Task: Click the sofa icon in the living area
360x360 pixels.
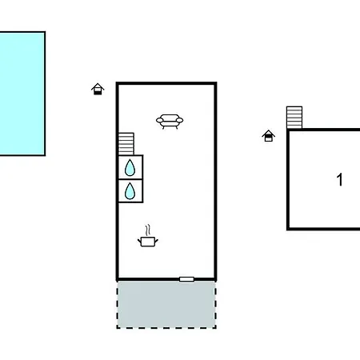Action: point(170,122)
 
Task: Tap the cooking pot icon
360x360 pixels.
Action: point(148,242)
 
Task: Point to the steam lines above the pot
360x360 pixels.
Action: point(148,230)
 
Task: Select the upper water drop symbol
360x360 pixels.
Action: point(130,168)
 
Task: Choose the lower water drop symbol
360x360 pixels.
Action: point(130,191)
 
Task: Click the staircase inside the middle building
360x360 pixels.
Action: point(126,144)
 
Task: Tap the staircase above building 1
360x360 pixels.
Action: point(294,118)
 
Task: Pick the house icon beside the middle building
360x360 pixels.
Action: point(98,89)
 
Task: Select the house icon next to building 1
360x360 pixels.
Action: point(268,136)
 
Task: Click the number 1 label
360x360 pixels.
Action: point(339,179)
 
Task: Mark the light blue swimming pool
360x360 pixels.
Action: point(22,94)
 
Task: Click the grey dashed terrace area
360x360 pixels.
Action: point(166,304)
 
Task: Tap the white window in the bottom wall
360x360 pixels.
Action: point(186,279)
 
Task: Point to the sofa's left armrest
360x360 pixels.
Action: point(159,121)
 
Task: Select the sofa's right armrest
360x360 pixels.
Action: point(180,121)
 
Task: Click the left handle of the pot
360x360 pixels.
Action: point(139,242)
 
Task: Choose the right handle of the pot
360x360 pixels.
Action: point(157,242)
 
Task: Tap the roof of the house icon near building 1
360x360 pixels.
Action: point(268,133)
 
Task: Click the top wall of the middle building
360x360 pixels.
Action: point(166,83)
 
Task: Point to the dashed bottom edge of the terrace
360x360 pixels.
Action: point(166,328)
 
